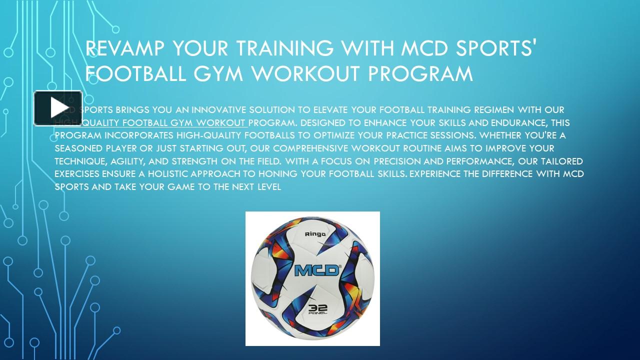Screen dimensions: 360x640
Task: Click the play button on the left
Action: coord(58,108)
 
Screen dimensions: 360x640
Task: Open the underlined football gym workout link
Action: coord(150,122)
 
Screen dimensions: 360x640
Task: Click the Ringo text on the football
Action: coord(315,233)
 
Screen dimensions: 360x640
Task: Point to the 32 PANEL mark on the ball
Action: coord(317,309)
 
